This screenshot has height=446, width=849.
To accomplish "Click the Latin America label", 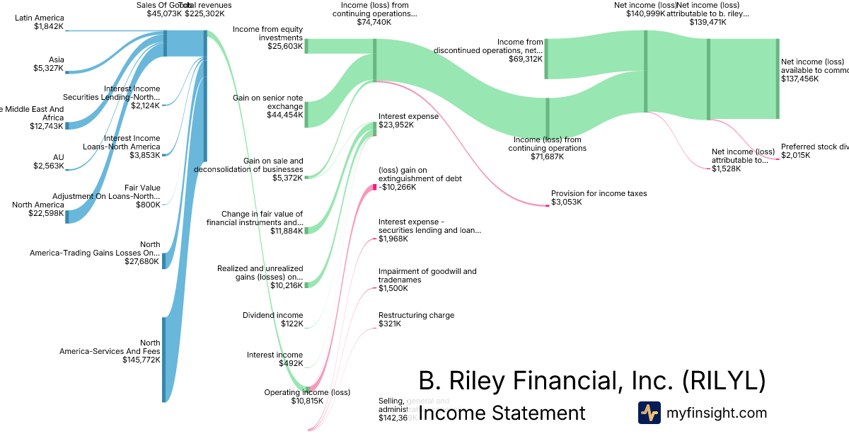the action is [x=39, y=18].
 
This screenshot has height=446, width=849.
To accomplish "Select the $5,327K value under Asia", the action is [x=48, y=69].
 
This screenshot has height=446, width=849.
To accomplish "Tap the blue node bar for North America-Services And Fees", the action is [x=164, y=360].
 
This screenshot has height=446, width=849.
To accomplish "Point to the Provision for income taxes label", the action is [x=599, y=193].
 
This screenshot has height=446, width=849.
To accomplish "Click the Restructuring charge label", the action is [x=416, y=315].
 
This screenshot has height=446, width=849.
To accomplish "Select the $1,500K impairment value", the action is [x=393, y=288].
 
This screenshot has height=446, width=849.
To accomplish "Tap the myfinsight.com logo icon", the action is [x=649, y=413].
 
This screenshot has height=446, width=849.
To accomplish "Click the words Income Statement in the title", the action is [x=502, y=413].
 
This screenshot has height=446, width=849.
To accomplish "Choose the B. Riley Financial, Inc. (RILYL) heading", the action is [x=592, y=381].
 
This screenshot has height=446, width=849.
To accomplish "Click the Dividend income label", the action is [x=272, y=315].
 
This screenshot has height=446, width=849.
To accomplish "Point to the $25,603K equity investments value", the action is [x=285, y=46].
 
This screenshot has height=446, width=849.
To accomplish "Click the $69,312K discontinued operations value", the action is [x=524, y=59].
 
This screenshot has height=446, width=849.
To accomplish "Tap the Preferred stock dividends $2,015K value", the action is [x=796, y=155].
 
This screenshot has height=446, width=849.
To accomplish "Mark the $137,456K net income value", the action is [x=799, y=79].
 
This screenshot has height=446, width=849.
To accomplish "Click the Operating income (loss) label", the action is [x=307, y=392].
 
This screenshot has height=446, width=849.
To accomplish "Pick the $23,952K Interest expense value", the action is [x=396, y=125].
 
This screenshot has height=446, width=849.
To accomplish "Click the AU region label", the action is [x=58, y=157].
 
